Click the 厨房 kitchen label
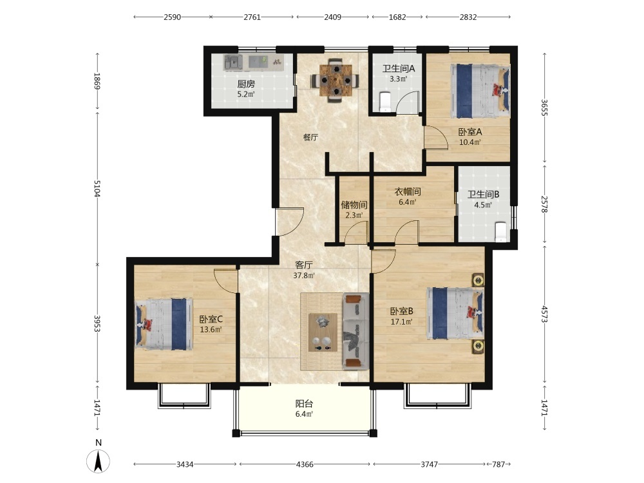[246, 84]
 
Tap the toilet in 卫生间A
[385, 102]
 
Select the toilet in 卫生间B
[500, 232]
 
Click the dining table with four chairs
[335, 80]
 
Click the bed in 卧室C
[164, 324]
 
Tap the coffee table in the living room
[323, 332]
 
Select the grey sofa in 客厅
[355, 330]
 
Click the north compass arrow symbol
[98, 460]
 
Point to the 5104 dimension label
[97, 188]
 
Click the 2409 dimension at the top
[333, 17]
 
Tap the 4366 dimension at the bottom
[305, 464]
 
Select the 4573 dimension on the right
[544, 314]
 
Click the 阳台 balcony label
[305, 404]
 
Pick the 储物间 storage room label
[354, 205]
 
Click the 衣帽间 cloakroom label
[408, 191]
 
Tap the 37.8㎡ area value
[304, 276]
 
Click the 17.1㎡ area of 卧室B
[402, 322]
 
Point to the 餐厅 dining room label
[310, 137]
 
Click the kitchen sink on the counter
[233, 62]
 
